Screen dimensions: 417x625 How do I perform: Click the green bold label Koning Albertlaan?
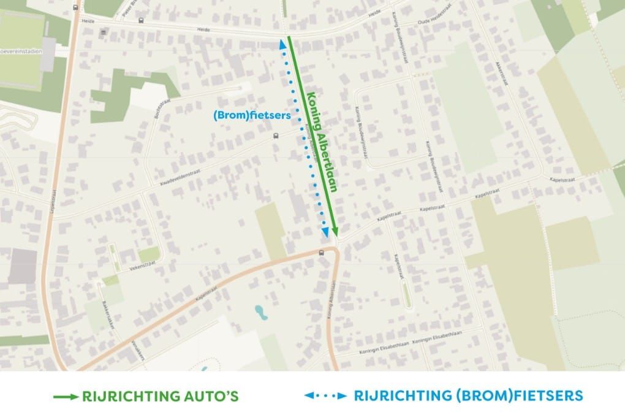click(x=323, y=142)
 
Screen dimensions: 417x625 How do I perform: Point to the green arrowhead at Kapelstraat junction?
click(x=335, y=230)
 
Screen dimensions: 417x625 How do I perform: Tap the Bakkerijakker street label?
click(x=108, y=315)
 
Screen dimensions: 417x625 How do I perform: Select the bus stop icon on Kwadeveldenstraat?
click(x=275, y=137)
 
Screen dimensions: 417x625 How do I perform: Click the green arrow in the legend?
click(x=65, y=397)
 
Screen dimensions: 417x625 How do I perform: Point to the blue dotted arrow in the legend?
click(x=325, y=397)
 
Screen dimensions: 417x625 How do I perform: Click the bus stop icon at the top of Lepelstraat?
click(x=75, y=7)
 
